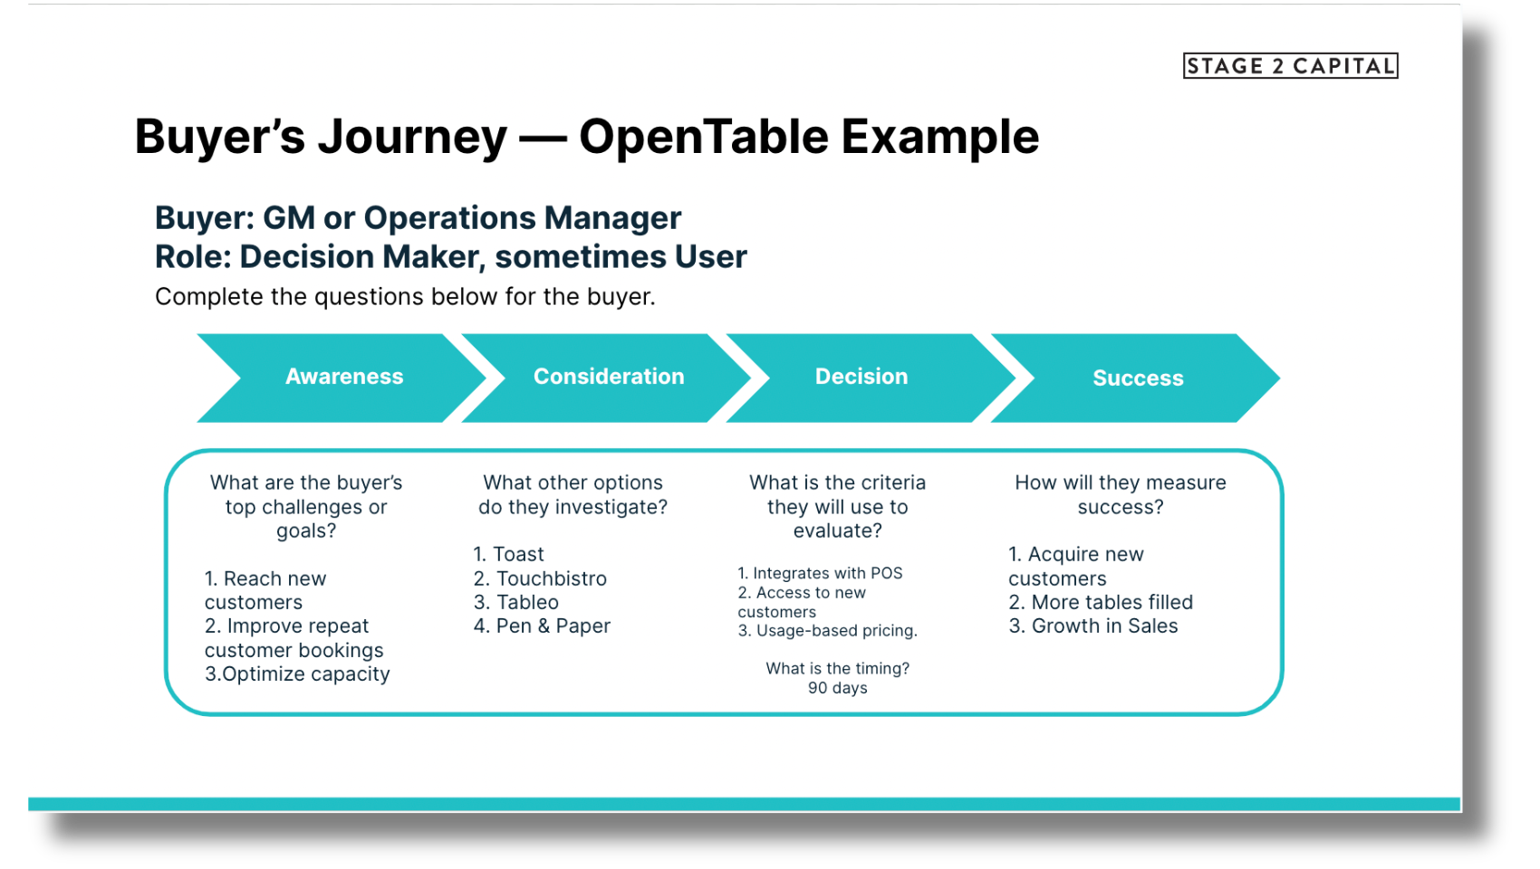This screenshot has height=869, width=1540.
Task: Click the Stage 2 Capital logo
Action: coord(1290,66)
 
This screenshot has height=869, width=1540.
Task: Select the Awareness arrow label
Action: coord(344,377)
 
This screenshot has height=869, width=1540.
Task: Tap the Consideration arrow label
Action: coord(609,377)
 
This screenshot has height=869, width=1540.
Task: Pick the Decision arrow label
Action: coord(861,377)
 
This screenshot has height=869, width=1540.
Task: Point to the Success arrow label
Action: coord(1138,378)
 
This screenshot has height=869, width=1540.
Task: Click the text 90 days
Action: coord(837,688)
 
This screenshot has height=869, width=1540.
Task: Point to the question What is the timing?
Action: coord(837,668)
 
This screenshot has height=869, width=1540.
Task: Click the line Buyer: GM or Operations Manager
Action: coord(418,218)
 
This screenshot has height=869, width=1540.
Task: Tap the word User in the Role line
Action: coord(710,257)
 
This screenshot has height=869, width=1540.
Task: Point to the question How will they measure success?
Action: coord(1120,494)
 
